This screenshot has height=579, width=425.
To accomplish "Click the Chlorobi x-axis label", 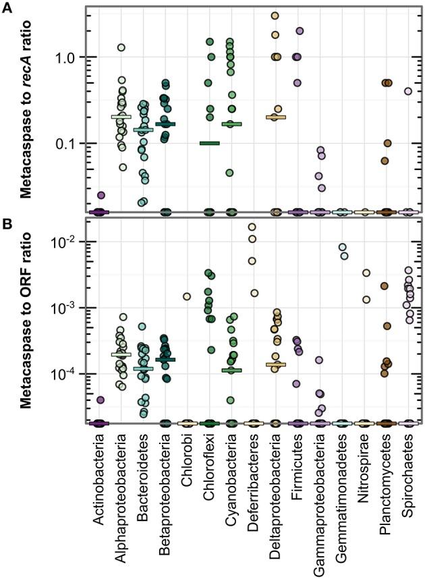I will click(x=188, y=458).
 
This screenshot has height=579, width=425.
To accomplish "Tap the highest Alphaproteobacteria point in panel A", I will click(x=121, y=48).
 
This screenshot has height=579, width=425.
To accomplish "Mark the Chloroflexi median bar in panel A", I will click(x=209, y=143).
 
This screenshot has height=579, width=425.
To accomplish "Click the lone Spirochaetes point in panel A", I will click(x=407, y=91).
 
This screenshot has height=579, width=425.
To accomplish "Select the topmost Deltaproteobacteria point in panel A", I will click(x=275, y=16).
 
